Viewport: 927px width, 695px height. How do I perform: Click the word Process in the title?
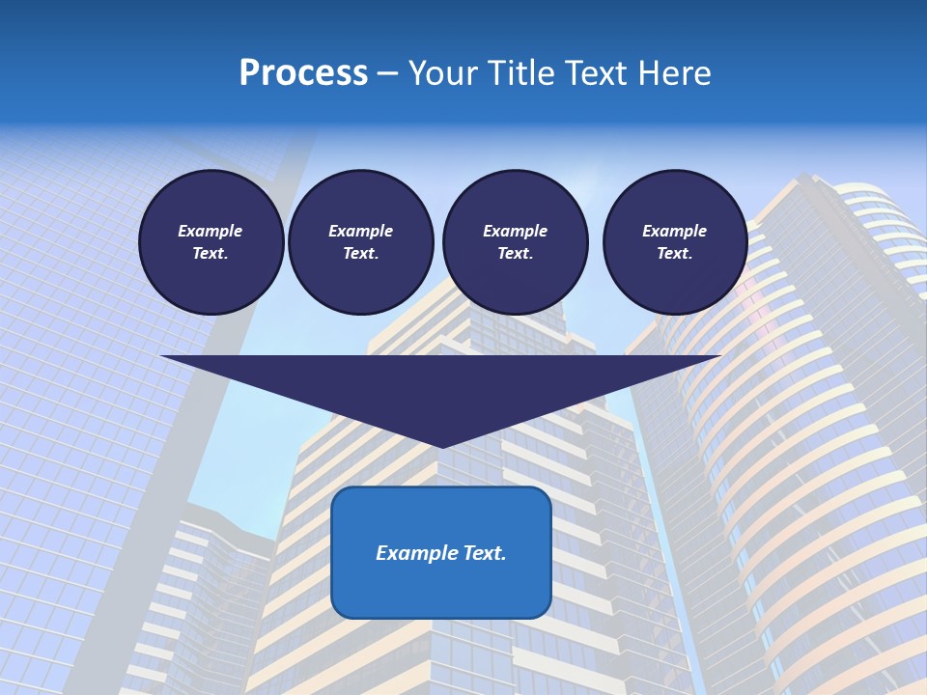pos(303,73)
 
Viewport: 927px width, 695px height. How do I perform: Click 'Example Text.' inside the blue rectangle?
pos(441,553)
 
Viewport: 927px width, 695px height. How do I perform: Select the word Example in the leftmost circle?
pos(211,231)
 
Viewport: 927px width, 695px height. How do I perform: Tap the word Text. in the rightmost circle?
pos(674,253)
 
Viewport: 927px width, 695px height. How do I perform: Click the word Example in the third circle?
pos(515,231)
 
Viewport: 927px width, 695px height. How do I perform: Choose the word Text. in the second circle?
pos(360,253)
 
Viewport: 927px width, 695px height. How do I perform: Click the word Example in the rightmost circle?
pos(674,231)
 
